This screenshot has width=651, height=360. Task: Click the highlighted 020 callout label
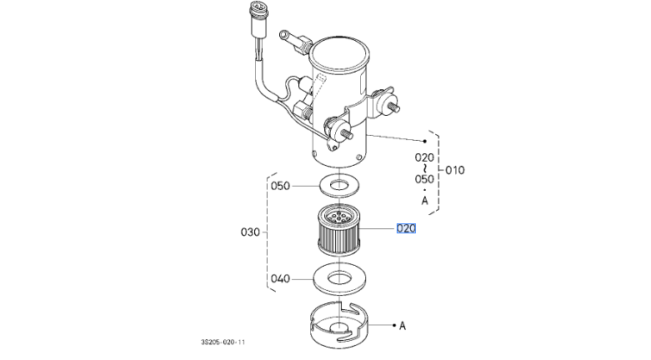pyautogui.click(x=406, y=228)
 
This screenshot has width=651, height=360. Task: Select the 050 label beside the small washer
pyautogui.click(x=280, y=186)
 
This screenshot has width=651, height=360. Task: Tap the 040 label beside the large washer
pyautogui.click(x=280, y=278)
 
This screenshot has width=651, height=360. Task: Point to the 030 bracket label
pyautogui.click(x=250, y=232)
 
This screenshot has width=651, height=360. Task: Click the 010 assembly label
pyautogui.click(x=454, y=170)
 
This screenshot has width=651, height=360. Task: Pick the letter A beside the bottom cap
pyautogui.click(x=403, y=326)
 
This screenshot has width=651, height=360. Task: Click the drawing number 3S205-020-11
pyautogui.click(x=223, y=342)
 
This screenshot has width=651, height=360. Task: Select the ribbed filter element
pyautogui.click(x=338, y=231)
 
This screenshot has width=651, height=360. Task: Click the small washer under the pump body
pyautogui.click(x=339, y=185)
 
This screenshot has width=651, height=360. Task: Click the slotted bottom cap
pyautogui.click(x=339, y=326)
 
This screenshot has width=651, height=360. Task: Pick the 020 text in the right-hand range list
pyautogui.click(x=424, y=157)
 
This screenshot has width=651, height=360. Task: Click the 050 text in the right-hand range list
pyautogui.click(x=424, y=179)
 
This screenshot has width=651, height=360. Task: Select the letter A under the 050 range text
pyautogui.click(x=425, y=201)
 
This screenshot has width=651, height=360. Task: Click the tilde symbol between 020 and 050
pyautogui.click(x=424, y=168)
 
